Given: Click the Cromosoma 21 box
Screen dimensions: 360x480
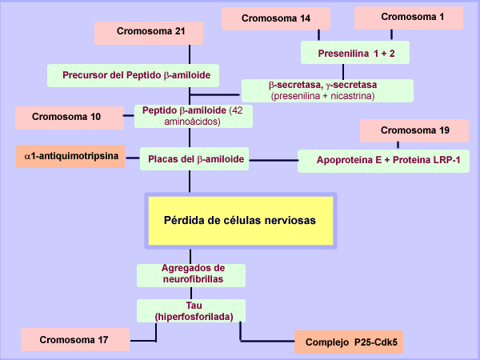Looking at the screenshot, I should (x=148, y=33).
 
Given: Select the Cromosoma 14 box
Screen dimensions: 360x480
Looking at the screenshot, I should (x=277, y=18).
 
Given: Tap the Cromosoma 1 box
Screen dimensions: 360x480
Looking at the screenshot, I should (x=409, y=17).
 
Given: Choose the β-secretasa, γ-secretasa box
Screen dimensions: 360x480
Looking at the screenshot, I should (x=328, y=90).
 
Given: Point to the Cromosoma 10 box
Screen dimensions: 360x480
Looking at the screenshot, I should (x=68, y=118).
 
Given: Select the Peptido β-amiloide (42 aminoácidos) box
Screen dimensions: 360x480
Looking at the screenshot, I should (x=197, y=116).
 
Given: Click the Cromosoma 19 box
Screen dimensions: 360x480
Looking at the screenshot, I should (x=414, y=130).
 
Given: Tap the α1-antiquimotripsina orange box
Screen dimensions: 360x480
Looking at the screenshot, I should (x=70, y=157).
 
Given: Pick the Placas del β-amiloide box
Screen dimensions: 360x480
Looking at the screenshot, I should (x=194, y=159).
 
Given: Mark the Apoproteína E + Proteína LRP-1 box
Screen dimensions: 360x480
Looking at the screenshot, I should (x=383, y=161).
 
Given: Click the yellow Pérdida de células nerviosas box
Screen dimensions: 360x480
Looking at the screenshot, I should (x=239, y=218).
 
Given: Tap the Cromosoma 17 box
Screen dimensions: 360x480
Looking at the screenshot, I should (x=74, y=339).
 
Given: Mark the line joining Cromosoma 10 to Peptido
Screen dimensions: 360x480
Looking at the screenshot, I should (x=130, y=117).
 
